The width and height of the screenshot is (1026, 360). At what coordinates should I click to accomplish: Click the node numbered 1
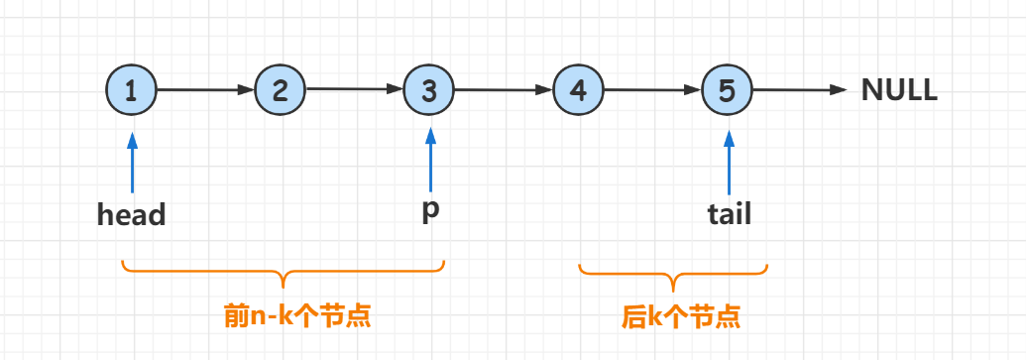[x=131, y=90]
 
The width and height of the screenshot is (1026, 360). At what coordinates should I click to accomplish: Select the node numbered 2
[x=281, y=90]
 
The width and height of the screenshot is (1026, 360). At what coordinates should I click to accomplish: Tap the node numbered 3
[x=429, y=90]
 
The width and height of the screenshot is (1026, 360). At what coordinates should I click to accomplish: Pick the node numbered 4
[x=579, y=90]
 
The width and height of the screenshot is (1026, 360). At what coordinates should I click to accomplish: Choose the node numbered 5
[x=728, y=90]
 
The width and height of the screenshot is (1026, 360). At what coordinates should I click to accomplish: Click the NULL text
[x=899, y=90]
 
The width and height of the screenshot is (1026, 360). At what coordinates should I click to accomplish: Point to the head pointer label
[x=131, y=214]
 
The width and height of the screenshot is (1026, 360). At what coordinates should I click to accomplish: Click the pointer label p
[x=430, y=212]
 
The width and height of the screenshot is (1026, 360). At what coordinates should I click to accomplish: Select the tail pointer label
[x=729, y=213]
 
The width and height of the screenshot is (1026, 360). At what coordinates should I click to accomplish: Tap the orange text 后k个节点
[x=681, y=316]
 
